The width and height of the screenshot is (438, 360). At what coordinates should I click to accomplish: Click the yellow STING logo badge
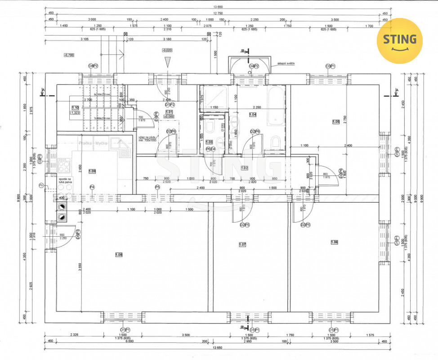pyautogui.click(x=399, y=40)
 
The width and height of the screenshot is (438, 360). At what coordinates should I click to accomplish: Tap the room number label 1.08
pyautogui.click(x=119, y=255)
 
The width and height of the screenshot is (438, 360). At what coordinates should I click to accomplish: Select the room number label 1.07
pyautogui.click(x=243, y=245)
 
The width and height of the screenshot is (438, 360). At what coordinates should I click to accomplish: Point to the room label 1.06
pyautogui.click(x=334, y=243)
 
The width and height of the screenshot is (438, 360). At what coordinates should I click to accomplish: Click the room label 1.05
pyautogui.click(x=335, y=121)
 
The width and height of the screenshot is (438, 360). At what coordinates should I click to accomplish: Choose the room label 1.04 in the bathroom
pyautogui.click(x=252, y=115)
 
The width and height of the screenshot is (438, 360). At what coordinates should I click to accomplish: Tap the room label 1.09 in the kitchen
pyautogui.click(x=92, y=171)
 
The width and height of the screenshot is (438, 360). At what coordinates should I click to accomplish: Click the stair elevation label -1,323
pyautogui.click(x=75, y=113)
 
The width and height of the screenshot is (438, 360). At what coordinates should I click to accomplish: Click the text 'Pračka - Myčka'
pyautogui.click(x=93, y=143)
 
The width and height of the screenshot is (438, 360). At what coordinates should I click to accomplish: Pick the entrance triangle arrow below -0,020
pyautogui.click(x=167, y=62)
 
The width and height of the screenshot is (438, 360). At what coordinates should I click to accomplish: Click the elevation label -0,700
pyautogui.click(x=69, y=55)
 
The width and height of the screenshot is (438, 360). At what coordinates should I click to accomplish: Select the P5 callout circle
pyautogui.click(x=157, y=187)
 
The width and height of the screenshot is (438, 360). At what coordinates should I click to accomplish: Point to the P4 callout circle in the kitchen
pyautogui.click(x=92, y=187)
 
